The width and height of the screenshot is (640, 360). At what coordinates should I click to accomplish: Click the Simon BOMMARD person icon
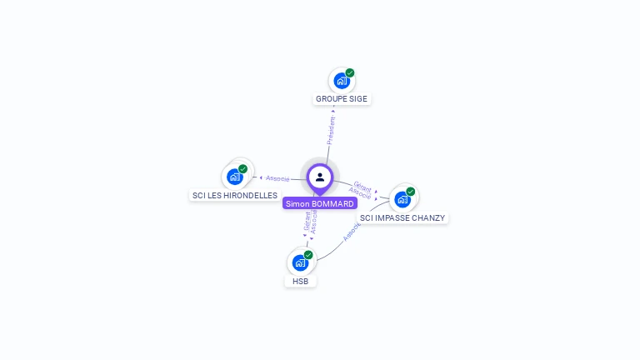320,177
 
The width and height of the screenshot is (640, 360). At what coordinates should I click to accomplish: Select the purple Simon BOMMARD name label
320,203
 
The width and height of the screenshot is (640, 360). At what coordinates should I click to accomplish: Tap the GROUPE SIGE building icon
341,81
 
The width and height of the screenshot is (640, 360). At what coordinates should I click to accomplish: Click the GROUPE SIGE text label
341,99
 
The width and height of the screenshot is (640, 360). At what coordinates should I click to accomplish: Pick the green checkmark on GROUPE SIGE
350,72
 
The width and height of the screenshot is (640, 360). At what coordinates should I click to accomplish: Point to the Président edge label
331,131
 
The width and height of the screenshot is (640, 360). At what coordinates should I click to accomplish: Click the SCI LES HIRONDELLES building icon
235,177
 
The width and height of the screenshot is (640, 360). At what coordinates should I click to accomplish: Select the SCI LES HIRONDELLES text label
235,196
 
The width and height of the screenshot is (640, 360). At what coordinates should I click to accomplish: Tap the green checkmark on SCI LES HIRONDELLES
243,169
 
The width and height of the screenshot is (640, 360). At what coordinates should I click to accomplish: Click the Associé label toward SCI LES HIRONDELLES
277,177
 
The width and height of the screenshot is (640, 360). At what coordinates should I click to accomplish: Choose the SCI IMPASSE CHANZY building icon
402,199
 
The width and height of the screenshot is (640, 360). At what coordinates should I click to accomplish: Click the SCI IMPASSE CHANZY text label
402,218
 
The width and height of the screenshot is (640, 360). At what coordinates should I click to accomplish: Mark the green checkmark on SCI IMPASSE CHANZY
411,192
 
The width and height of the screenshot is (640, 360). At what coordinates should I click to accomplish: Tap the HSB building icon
300,262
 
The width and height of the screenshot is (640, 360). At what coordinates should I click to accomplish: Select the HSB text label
300,282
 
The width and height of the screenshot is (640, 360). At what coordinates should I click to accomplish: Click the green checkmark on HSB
308,255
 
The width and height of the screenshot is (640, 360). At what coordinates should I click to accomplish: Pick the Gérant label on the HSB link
307,222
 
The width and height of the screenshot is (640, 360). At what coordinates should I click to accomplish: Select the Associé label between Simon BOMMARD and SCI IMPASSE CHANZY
359,193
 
